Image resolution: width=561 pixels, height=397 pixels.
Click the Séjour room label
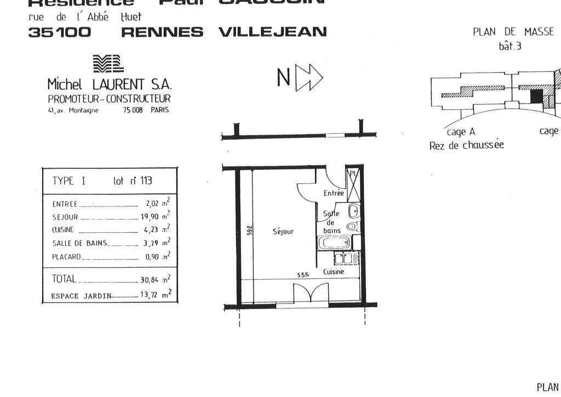point(283,232)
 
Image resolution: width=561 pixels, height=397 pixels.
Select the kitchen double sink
point(343,258)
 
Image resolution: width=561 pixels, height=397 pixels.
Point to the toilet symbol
point(354,226)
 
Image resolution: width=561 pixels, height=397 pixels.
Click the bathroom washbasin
point(354,210)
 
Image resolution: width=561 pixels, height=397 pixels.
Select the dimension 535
point(304,275)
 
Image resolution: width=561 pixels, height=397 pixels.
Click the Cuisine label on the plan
point(334,272)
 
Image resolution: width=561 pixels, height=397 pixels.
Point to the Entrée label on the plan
point(334,193)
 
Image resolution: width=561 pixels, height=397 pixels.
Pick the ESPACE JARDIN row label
point(81,296)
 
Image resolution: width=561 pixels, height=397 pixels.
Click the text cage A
point(456,132)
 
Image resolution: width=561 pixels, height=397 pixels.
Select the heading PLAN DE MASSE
point(513,32)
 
